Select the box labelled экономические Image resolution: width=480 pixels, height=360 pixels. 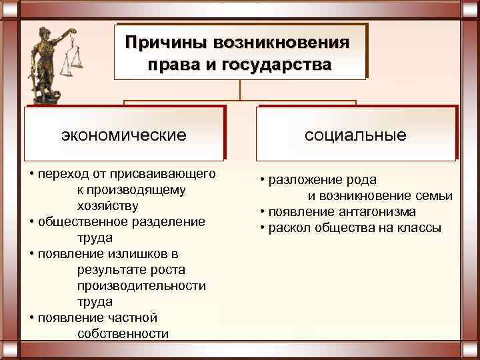[x=123, y=135]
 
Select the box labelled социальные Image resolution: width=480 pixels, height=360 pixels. [x=355, y=135]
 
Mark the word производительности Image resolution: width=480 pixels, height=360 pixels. [x=141, y=285]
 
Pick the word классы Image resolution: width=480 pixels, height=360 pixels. [x=421, y=228]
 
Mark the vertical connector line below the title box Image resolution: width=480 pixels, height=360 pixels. [x=241, y=90]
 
